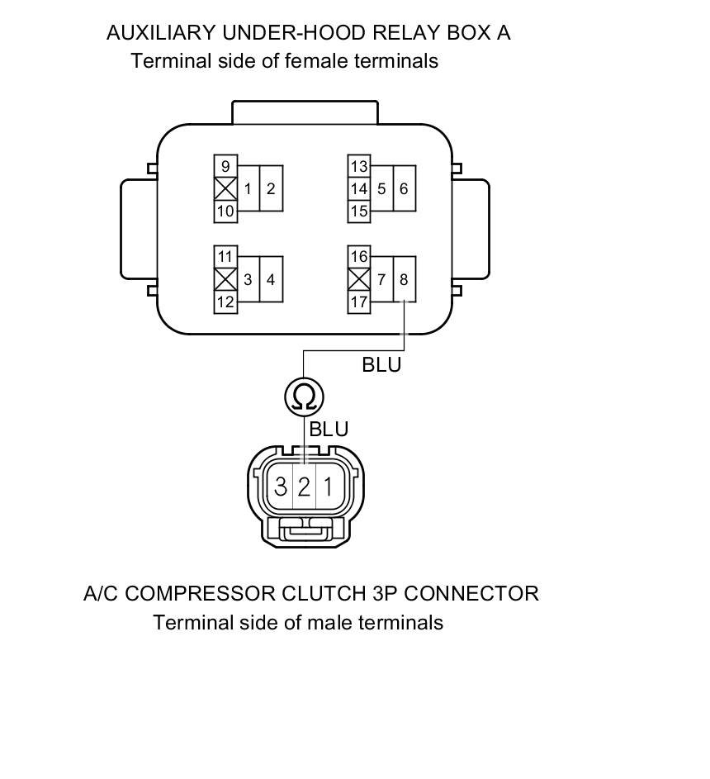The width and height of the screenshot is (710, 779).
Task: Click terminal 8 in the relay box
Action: (404, 280)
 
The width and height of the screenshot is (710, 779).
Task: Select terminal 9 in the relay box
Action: (225, 166)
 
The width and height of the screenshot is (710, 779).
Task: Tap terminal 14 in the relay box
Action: (358, 189)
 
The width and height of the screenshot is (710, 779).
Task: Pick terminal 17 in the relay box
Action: (358, 302)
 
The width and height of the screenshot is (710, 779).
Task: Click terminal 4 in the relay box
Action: (271, 280)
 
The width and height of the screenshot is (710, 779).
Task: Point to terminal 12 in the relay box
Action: (225, 302)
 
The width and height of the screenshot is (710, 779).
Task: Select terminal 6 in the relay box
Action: (404, 189)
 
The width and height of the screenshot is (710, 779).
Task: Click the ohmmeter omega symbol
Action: (304, 397)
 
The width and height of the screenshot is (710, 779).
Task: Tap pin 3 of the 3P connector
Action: (281, 487)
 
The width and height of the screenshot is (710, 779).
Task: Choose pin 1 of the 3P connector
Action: (328, 487)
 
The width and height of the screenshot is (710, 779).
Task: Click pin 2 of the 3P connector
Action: (304, 487)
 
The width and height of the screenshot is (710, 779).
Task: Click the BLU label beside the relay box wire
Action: (381, 364)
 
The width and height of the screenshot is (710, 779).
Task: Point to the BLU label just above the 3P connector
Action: (329, 430)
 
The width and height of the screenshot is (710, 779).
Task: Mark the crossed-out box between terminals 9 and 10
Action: (225, 189)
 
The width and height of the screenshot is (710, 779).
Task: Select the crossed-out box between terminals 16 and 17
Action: (358, 280)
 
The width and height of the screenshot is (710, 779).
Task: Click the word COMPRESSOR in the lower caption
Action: (196, 593)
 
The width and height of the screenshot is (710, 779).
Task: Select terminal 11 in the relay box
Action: (225, 257)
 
